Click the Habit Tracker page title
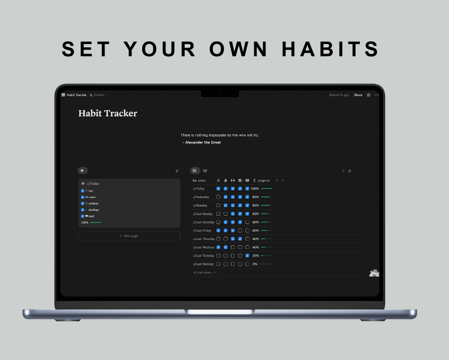[x=108, y=113]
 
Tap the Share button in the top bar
[x=358, y=95]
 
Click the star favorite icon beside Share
[x=368, y=95]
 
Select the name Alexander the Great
[x=202, y=142]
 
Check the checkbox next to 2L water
[x=83, y=197]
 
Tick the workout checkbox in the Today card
[x=83, y=203]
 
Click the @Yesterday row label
[x=201, y=197]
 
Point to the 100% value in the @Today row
[x=255, y=188]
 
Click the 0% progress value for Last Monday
[x=255, y=264]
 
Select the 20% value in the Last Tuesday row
[x=255, y=255]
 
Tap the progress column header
[x=263, y=181]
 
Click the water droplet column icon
[x=225, y=181]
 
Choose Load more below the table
[x=203, y=272]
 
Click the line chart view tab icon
[x=205, y=170]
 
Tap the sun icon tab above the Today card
[x=82, y=170]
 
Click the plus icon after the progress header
[x=277, y=181]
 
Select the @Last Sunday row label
[x=203, y=213]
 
